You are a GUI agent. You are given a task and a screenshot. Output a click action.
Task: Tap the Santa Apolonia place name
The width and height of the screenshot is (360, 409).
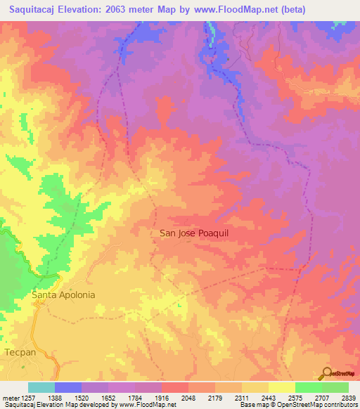coord(63,295)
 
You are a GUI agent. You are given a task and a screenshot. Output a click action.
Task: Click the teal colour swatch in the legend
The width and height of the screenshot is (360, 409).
coord(41,387)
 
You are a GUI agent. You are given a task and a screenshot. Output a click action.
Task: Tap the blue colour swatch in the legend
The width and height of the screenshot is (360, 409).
coord(68,387)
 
